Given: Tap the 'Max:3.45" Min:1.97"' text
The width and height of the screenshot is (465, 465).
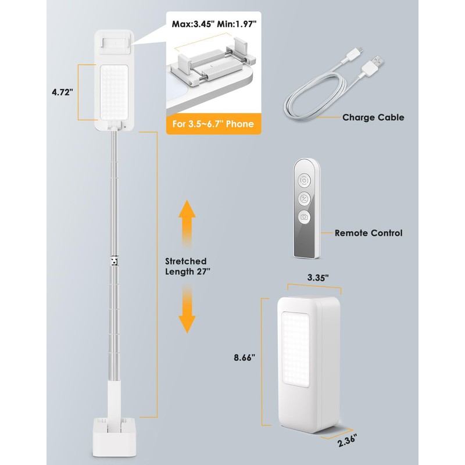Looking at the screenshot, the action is coord(213,25).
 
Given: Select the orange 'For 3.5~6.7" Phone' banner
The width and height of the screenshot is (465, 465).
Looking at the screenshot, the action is coord(213,124).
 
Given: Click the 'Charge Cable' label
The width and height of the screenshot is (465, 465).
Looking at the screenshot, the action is coord(373,117).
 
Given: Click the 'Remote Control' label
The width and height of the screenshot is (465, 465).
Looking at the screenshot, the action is coord(369,233).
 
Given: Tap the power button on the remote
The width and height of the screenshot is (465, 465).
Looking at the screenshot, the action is coord(303,181).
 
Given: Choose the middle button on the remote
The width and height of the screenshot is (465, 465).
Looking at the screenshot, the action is coord(303,199).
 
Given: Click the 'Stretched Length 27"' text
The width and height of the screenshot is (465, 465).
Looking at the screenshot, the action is coord(185,266).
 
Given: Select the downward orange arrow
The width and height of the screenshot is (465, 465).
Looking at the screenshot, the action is coord(187,311).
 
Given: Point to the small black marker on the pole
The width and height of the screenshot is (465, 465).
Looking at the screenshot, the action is coord(115,260).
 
